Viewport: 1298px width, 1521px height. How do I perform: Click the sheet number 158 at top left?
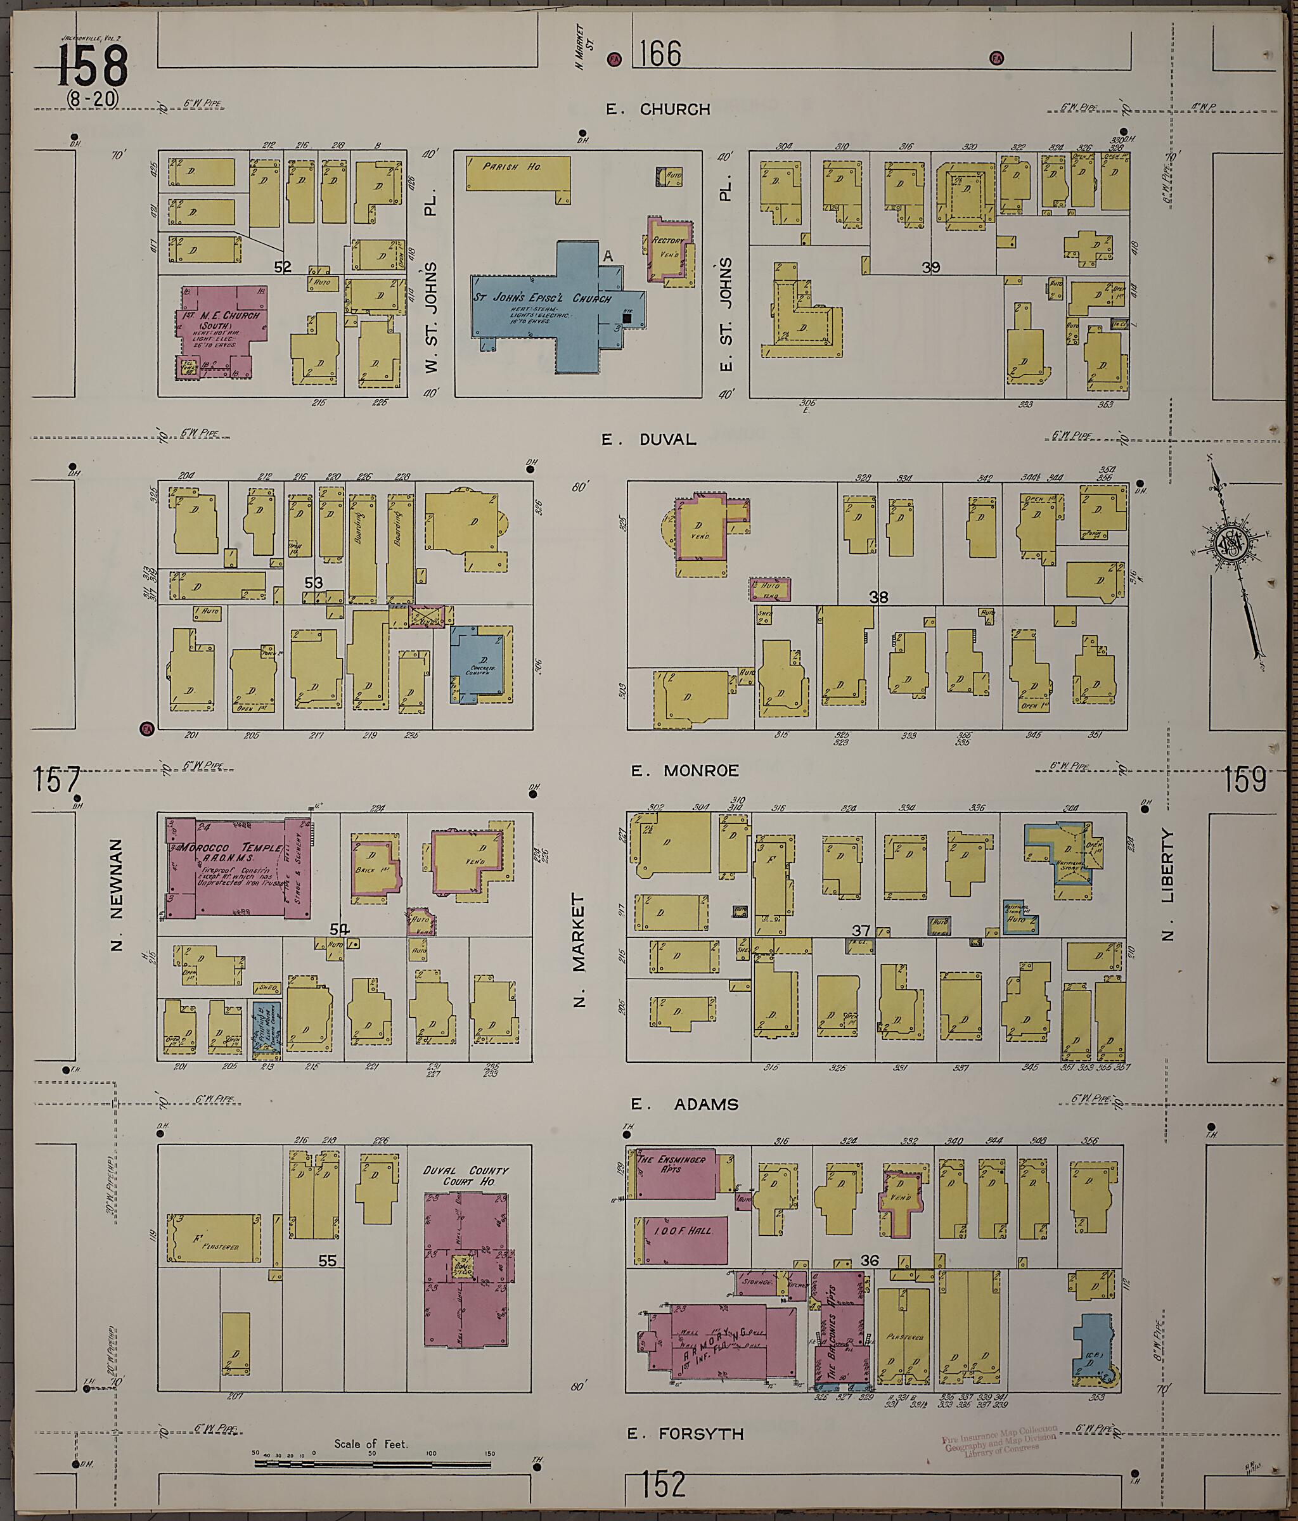pyautogui.click(x=93, y=66)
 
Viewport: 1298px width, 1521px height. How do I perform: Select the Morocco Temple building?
pyautogui.click(x=235, y=867)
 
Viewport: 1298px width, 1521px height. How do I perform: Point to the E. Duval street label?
pyautogui.click(x=648, y=440)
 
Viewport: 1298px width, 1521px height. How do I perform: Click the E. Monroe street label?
pyautogui.click(x=684, y=771)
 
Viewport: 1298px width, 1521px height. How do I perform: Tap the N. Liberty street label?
pyautogui.click(x=1168, y=885)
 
